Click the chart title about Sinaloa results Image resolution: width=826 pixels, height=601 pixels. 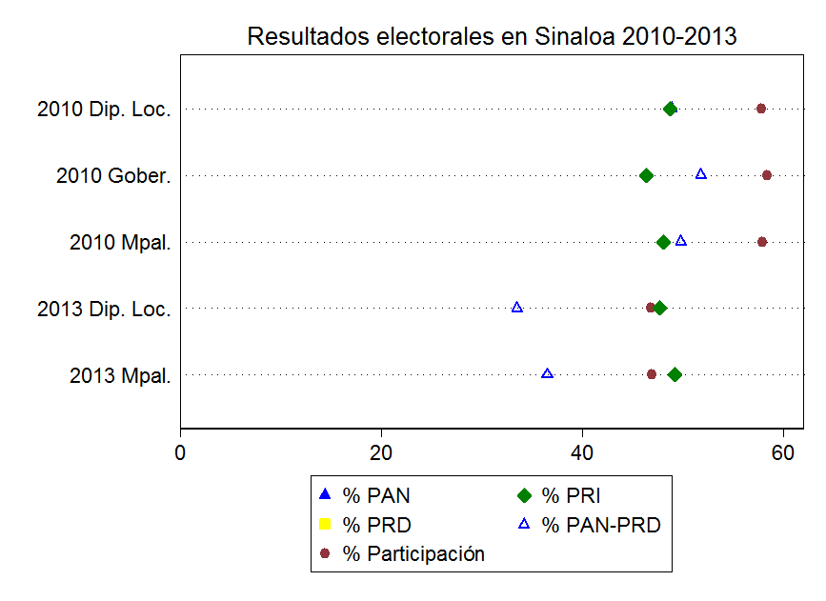click(492, 36)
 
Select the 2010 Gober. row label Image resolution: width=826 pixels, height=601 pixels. click(113, 176)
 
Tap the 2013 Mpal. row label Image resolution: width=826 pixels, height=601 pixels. click(120, 375)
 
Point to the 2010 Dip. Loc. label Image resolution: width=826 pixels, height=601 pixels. click(104, 110)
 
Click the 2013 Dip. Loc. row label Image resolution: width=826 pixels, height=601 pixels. click(104, 310)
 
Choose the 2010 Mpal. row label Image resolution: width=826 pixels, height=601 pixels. click(120, 243)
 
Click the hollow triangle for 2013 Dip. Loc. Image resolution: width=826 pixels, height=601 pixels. click(517, 308)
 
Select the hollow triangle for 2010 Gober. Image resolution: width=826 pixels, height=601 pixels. click(701, 174)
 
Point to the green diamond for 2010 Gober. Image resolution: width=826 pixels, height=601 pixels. click(646, 175)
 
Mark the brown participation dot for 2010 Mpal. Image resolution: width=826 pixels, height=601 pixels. click(762, 242)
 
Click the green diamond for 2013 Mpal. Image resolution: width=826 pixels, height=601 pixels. click(675, 374)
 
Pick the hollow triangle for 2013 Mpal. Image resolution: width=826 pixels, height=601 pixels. click(547, 373)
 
